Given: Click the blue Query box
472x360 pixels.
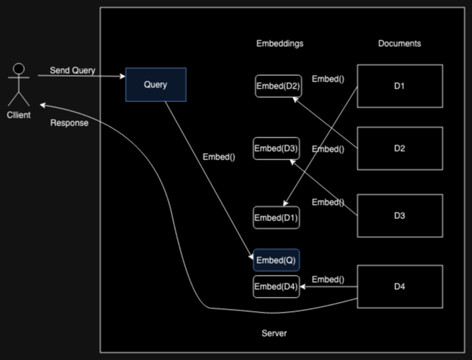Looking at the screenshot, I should click(x=156, y=85).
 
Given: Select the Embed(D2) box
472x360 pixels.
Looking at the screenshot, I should click(x=278, y=86).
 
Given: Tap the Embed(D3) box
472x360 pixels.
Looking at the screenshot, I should click(x=276, y=148).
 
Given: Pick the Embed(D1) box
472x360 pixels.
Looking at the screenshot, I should click(x=276, y=217).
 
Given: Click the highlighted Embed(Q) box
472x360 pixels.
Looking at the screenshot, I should click(x=276, y=260).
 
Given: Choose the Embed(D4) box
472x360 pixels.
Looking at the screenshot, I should click(x=276, y=286).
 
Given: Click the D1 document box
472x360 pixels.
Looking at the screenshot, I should click(x=400, y=86).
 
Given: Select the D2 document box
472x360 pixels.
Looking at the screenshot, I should click(x=400, y=148).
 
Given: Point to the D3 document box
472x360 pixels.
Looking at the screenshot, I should click(x=400, y=215).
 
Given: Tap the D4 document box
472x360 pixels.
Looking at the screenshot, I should click(x=400, y=286).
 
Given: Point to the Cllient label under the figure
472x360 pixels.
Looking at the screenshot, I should click(x=18, y=115).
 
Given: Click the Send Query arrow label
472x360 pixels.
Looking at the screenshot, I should click(x=72, y=71).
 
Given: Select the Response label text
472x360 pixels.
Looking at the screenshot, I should click(x=69, y=123).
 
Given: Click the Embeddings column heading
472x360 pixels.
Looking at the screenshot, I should click(x=279, y=43).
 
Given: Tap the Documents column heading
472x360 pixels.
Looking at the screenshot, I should click(x=399, y=43).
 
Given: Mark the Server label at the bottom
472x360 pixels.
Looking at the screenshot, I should click(x=274, y=333).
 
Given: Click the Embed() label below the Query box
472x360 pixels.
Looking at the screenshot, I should click(x=218, y=157).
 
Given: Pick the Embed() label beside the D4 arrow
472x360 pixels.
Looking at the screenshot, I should click(x=327, y=279).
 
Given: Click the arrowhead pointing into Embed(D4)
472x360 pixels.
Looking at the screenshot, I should click(x=303, y=287).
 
